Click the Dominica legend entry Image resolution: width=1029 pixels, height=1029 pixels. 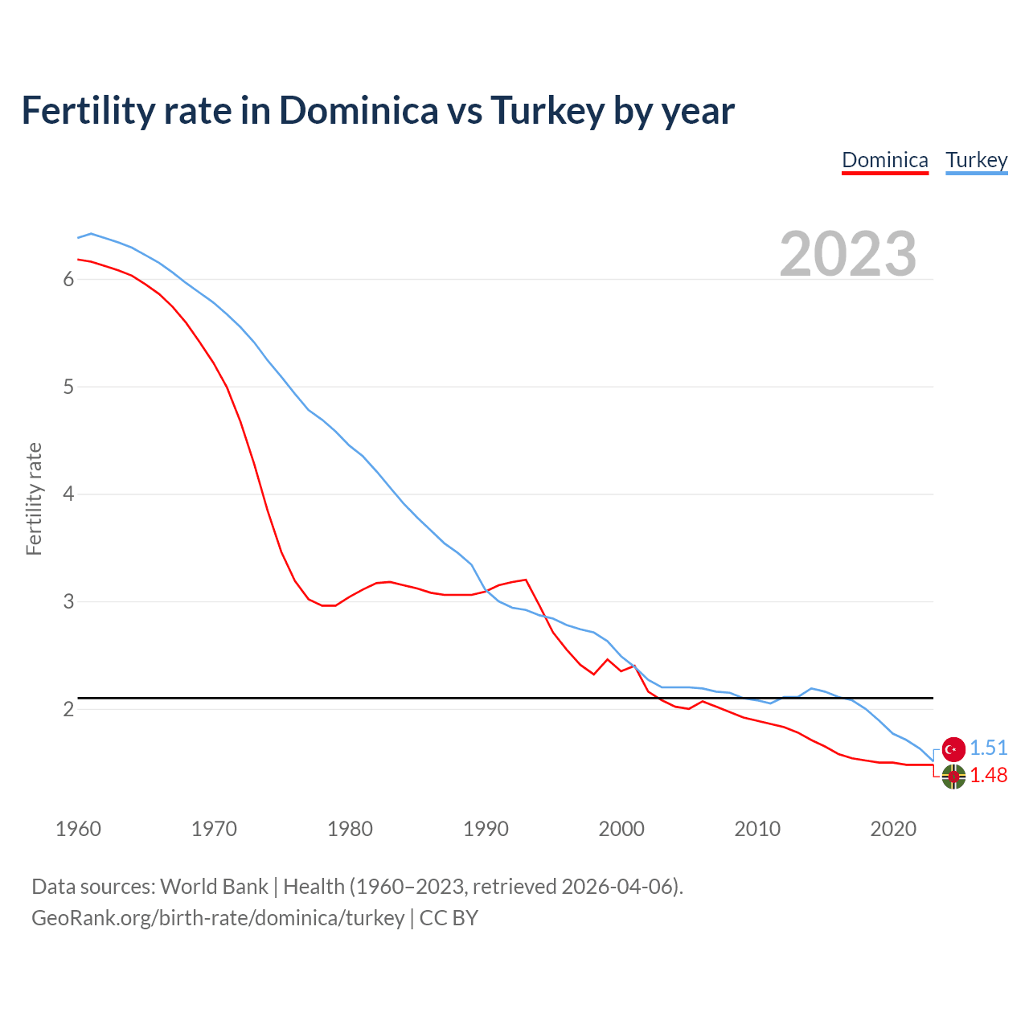[x=885, y=160]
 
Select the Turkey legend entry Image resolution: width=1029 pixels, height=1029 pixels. [x=977, y=160]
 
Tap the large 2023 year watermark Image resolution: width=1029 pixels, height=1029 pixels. [x=848, y=254]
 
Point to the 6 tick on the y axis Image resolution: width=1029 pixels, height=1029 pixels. [x=68, y=279]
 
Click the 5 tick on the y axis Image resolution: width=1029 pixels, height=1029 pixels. [x=68, y=387]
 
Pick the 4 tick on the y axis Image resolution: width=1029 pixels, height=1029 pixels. [x=68, y=494]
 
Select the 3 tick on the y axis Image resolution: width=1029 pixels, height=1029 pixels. [x=68, y=601]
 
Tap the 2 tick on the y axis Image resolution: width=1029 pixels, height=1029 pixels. [x=68, y=709]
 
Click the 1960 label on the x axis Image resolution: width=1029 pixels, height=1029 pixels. [x=78, y=829]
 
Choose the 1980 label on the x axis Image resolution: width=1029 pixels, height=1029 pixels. [x=350, y=829]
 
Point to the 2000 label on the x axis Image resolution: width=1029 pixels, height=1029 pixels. [x=621, y=829]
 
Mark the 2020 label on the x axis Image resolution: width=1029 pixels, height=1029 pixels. [x=893, y=829]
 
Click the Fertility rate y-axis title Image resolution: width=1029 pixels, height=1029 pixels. [x=34, y=498]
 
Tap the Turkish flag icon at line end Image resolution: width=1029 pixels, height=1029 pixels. [x=953, y=749]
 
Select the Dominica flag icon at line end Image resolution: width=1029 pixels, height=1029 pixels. [x=953, y=777]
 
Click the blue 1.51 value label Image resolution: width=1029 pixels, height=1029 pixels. [x=988, y=748]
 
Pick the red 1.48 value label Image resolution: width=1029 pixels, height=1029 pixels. [x=988, y=775]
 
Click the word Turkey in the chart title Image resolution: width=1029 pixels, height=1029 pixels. [x=547, y=111]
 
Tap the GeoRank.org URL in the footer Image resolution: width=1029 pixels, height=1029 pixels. [x=218, y=917]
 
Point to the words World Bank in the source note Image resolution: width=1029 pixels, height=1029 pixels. [x=214, y=886]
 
